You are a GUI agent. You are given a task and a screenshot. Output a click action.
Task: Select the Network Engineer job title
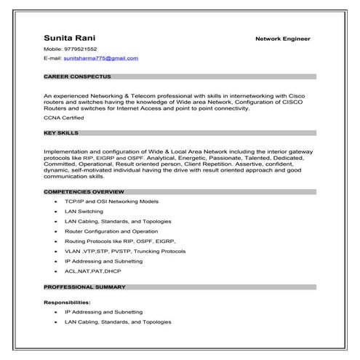click(x=282, y=39)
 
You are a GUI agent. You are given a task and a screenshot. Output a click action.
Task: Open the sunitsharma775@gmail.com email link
click(x=100, y=57)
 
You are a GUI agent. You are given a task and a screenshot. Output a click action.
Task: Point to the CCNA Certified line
click(x=63, y=116)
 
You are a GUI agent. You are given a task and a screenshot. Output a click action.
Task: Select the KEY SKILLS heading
click(x=61, y=133)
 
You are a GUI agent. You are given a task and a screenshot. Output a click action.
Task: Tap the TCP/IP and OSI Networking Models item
click(x=111, y=201)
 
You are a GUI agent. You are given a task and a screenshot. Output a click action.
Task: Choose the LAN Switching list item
click(x=84, y=211)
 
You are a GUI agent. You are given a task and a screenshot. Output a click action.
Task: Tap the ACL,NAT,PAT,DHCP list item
click(x=92, y=271)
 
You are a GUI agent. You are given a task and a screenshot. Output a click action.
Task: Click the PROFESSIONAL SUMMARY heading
click(x=81, y=287)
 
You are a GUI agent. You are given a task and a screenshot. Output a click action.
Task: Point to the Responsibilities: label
click(x=67, y=302)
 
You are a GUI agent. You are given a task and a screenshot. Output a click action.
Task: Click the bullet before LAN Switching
click(x=55, y=211)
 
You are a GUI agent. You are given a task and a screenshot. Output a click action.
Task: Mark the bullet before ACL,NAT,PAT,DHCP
click(x=55, y=271)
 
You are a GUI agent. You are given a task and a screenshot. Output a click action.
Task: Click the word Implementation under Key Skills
click(x=64, y=151)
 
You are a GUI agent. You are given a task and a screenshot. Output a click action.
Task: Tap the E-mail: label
click(x=52, y=57)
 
